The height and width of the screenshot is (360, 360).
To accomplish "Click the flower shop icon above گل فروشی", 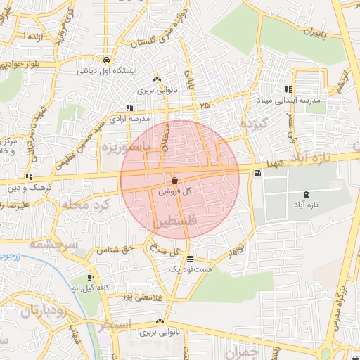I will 174,181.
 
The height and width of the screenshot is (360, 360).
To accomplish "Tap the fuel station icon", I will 258,173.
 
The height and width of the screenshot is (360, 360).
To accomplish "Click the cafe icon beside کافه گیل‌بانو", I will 90,278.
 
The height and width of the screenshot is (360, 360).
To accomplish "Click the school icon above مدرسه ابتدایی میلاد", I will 288,90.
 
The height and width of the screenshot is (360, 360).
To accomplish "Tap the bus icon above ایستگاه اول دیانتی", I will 105,60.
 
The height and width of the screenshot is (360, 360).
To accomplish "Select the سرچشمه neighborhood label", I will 53,244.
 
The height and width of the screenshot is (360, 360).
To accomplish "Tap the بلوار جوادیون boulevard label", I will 25,64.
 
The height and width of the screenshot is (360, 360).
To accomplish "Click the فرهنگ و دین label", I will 25,187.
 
